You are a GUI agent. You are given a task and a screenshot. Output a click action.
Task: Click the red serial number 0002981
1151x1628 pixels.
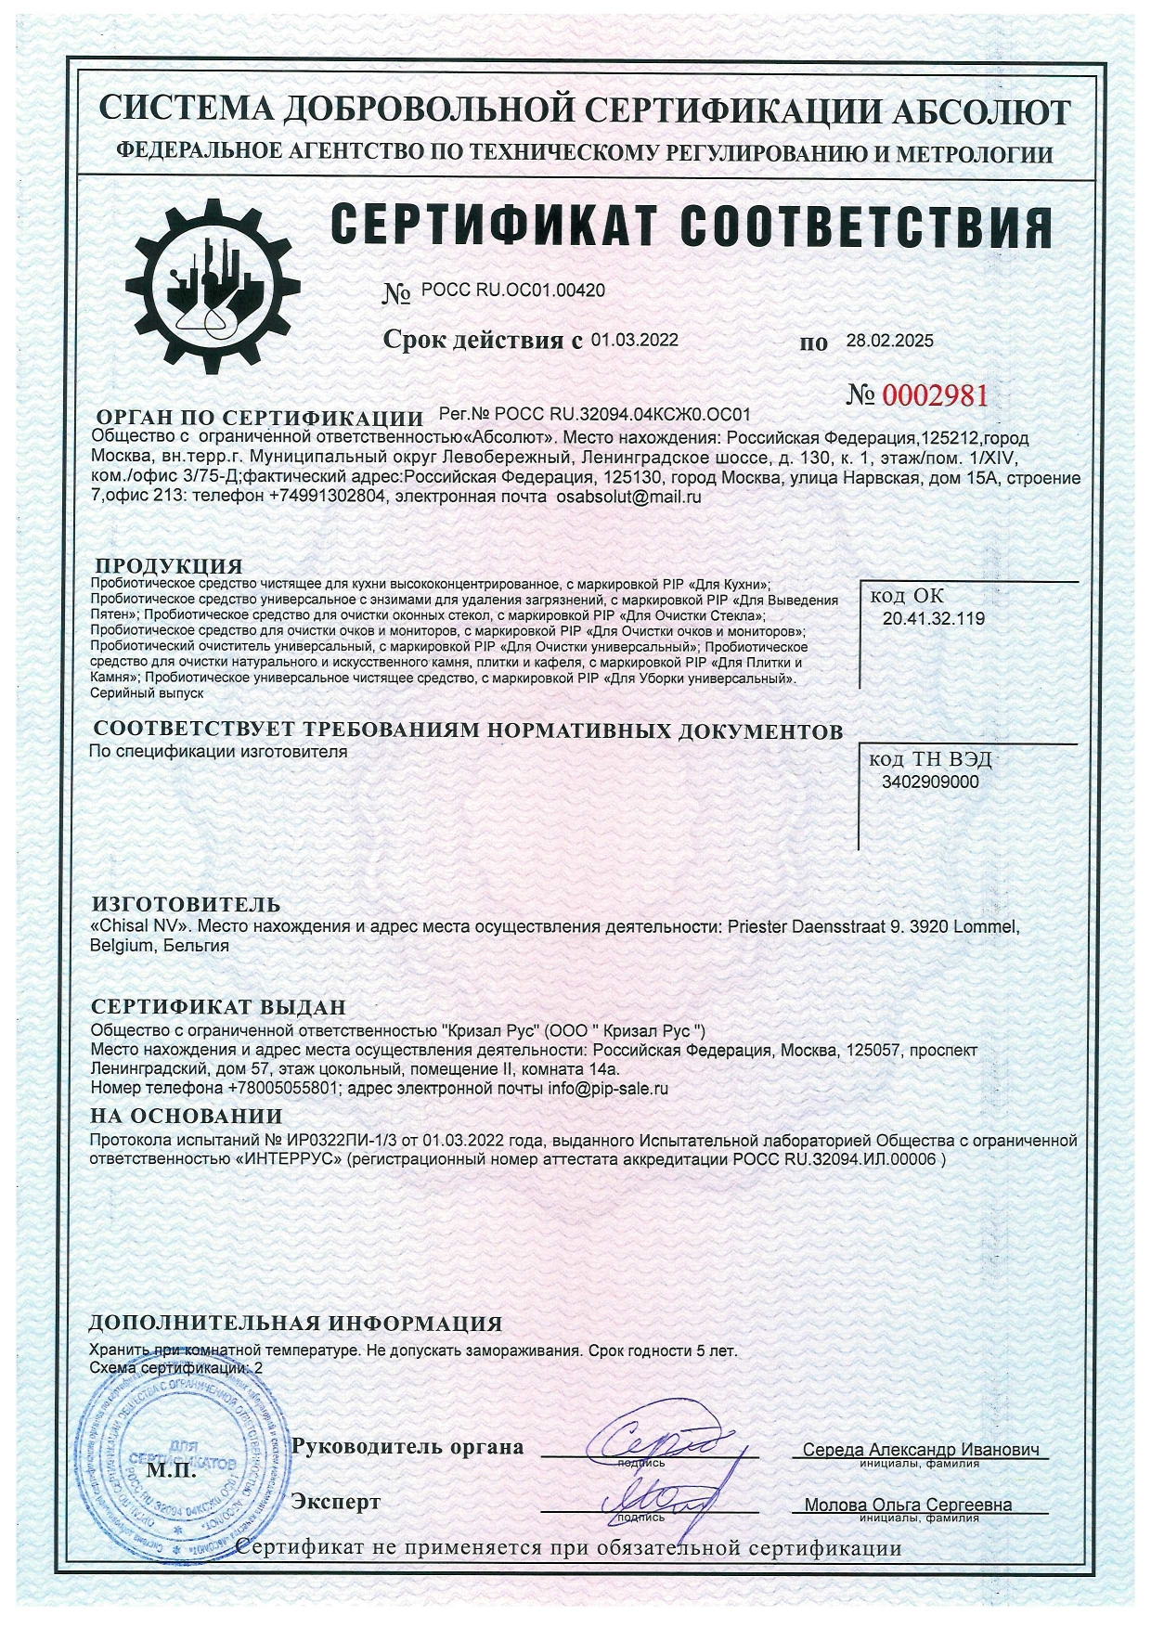935,396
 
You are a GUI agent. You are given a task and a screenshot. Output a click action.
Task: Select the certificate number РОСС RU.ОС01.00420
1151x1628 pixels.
513,291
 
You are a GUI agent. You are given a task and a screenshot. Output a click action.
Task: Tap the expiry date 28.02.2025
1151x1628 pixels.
889,341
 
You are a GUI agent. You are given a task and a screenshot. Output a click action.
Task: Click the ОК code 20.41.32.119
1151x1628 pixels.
934,618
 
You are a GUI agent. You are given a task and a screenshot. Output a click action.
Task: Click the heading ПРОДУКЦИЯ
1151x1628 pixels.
170,565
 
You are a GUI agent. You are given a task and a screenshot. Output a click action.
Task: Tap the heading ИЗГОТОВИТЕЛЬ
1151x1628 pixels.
186,904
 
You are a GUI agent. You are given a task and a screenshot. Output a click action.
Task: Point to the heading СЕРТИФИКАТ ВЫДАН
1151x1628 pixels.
218,1007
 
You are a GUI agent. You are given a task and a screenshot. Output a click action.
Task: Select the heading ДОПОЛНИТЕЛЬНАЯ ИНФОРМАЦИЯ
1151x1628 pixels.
295,1324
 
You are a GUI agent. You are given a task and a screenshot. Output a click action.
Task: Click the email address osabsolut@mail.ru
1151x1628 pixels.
627,497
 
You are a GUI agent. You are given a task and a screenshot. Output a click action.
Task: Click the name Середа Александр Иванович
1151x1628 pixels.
920,1450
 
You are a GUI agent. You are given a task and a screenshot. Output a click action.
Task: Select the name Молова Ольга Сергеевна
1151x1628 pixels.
908,1505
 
